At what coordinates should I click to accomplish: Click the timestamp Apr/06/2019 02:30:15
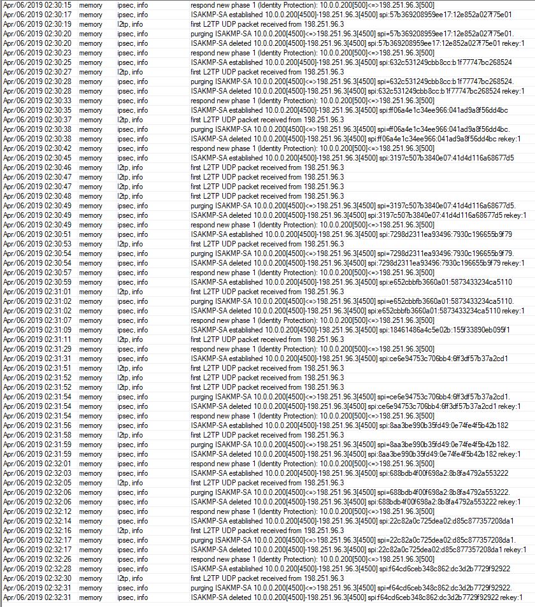(36, 5)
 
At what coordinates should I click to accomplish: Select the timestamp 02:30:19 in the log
(36, 24)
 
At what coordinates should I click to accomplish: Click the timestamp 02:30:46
(36, 168)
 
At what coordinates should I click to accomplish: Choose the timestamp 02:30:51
(36, 234)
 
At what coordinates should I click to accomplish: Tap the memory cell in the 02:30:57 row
(90, 273)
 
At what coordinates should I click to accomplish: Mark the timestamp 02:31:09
(36, 330)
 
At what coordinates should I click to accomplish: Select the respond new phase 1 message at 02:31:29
(312, 349)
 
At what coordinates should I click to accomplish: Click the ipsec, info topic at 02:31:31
(132, 359)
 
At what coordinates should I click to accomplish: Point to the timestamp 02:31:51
(36, 368)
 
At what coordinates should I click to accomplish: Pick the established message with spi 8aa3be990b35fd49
(350, 425)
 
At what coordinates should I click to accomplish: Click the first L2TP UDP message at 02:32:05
(267, 483)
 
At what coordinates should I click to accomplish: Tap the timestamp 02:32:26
(36, 559)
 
